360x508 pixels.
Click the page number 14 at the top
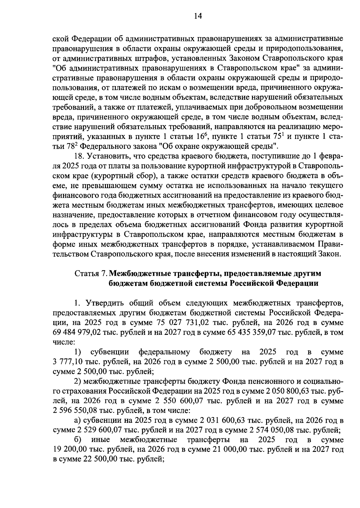pyautogui.click(x=198, y=16)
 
